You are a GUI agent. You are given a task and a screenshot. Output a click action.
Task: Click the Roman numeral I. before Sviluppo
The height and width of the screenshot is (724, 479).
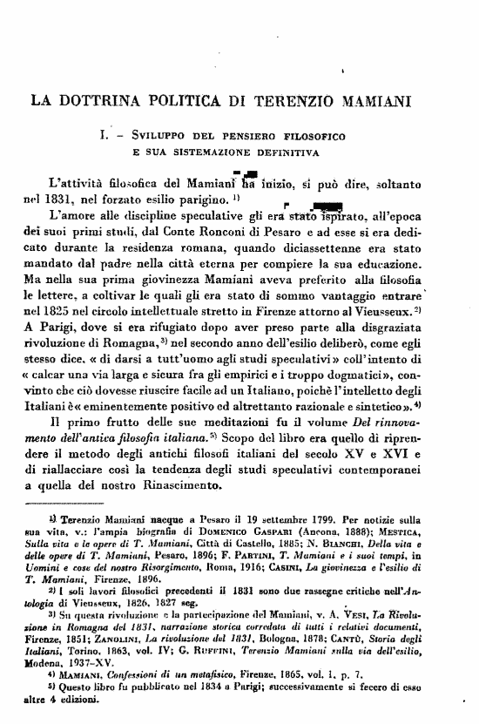click(x=104, y=136)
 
